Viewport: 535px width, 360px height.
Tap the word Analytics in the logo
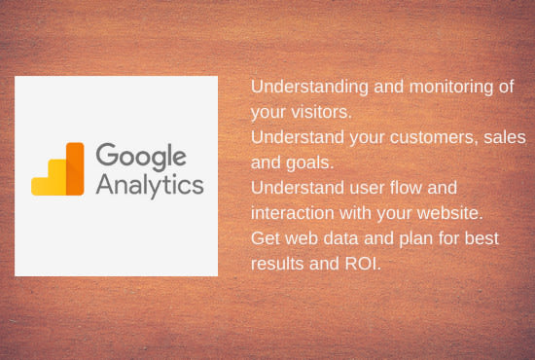[150, 185]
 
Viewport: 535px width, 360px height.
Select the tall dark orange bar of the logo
[75, 169]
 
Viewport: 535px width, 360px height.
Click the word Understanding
[309, 88]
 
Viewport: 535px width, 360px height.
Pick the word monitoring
[451, 88]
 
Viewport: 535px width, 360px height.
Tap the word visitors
[321, 112]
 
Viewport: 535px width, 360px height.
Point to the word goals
[309, 163]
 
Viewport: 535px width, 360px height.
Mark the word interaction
[293, 213]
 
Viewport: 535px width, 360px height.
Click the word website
[450, 213]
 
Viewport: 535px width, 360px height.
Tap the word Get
[266, 238]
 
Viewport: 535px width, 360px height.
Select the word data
[340, 238]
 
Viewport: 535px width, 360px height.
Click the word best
[481, 238]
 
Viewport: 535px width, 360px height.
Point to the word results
[277, 264]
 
